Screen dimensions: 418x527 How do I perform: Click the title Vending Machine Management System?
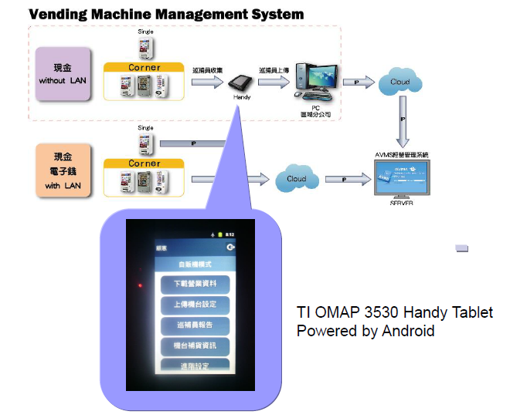click(x=166, y=15)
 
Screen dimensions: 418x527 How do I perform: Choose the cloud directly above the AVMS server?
click(x=399, y=82)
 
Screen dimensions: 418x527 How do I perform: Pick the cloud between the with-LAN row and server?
click(x=296, y=178)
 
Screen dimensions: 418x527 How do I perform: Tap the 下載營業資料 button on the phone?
click(x=195, y=284)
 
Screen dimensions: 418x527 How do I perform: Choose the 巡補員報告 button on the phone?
click(x=195, y=325)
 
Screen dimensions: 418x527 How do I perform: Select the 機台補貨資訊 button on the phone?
click(x=195, y=346)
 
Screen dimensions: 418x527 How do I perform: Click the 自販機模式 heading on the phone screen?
click(x=194, y=263)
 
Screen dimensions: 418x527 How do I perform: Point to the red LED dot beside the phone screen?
click(x=140, y=286)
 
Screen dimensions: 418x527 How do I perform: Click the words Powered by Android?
click(x=365, y=332)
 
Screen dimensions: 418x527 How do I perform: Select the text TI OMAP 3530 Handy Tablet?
click(x=395, y=313)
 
